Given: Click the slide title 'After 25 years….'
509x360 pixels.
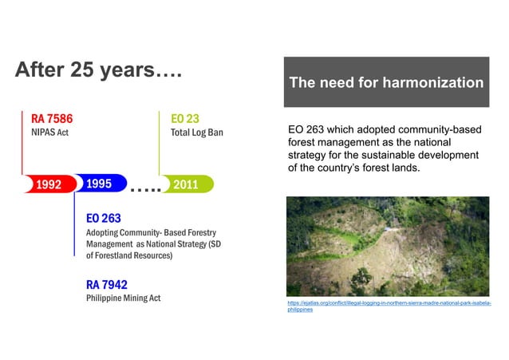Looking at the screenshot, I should click(x=99, y=70).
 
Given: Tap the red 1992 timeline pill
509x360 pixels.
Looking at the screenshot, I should click(x=47, y=184).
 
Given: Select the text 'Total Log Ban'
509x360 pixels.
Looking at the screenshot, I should click(x=196, y=133).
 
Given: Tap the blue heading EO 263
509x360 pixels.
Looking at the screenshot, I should click(x=104, y=217).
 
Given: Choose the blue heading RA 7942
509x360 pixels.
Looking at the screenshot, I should click(x=107, y=284).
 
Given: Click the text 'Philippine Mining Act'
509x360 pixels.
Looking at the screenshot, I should click(x=123, y=298).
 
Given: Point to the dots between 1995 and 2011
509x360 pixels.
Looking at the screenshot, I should click(x=144, y=188).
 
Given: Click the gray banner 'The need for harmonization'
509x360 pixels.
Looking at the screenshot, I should click(x=386, y=82).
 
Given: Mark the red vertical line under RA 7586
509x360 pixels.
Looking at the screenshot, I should click(x=22, y=148).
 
